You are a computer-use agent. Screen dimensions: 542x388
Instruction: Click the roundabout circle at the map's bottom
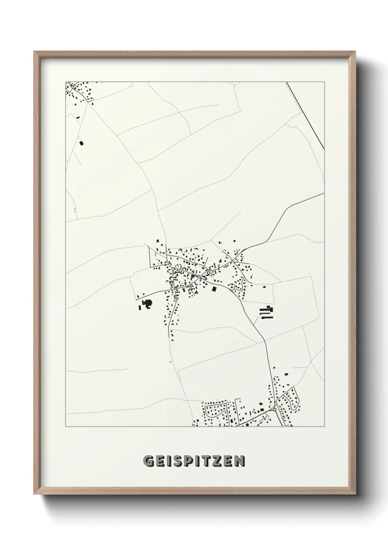[275, 410]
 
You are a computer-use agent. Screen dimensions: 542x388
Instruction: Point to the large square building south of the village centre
[214, 289]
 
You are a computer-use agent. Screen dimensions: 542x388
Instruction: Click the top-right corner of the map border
[325, 82]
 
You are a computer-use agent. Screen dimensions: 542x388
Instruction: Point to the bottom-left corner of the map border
[66, 427]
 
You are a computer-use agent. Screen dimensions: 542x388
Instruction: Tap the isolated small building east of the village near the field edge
[264, 287]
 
